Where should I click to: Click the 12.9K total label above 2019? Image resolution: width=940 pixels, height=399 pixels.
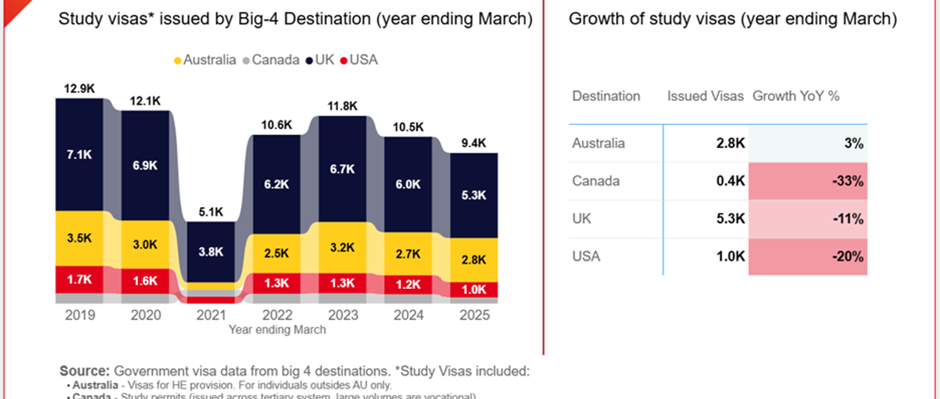[x=79, y=89]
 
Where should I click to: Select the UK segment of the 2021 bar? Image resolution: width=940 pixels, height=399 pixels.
[x=211, y=252]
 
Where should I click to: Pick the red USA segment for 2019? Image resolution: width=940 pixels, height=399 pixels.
[x=79, y=280]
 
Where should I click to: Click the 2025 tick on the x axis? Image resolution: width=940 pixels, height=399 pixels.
[x=474, y=315]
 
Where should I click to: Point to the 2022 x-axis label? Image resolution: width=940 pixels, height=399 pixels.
[x=277, y=315]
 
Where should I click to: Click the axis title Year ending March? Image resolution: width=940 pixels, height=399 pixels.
[x=277, y=329]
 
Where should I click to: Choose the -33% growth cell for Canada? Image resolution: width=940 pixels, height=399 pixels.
[x=808, y=181]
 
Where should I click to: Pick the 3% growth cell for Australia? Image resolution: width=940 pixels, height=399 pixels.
[x=808, y=144]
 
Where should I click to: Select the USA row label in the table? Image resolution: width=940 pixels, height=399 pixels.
[x=586, y=256]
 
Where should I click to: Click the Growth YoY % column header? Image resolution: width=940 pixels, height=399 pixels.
[x=795, y=96]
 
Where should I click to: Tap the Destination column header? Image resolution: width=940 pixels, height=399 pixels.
[x=606, y=96]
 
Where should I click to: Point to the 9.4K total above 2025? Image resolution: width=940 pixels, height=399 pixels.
[x=474, y=143]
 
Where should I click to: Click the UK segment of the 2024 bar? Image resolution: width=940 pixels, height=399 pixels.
[x=408, y=184]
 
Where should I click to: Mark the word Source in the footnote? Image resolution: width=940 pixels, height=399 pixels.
[x=84, y=371]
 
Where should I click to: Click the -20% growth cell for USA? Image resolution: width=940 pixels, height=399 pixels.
[x=808, y=256]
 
